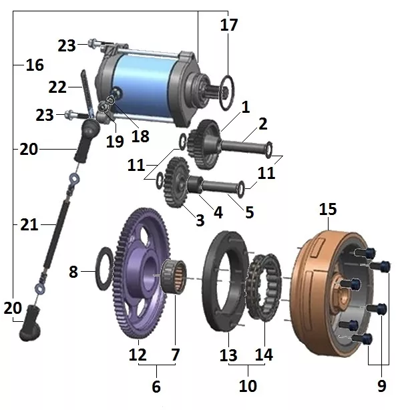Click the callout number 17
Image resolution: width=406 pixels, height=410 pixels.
pos(229,25)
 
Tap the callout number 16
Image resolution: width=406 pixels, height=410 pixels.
pos(35,65)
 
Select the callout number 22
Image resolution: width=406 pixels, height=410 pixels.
pos(57,87)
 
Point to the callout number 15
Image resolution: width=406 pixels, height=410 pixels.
pos(328,209)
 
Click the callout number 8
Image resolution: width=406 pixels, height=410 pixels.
pos(73,272)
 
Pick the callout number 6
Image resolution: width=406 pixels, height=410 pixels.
pos(156,387)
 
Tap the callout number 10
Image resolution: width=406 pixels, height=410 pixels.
pos(248,386)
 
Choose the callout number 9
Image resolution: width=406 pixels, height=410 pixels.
pos(382,386)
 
